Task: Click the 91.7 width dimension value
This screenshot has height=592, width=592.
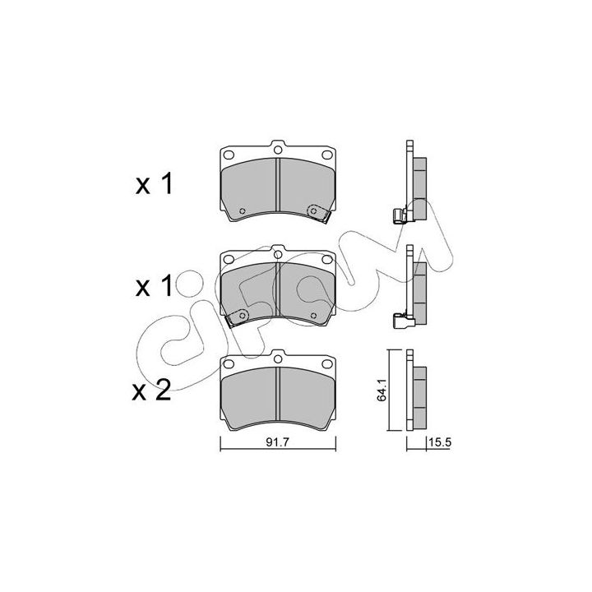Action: click(277, 442)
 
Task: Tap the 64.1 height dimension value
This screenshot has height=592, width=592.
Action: click(382, 390)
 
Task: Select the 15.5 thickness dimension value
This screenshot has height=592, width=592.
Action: click(440, 442)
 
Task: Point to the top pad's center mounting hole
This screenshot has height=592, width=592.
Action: click(278, 150)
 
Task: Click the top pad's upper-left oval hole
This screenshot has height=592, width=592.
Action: click(229, 155)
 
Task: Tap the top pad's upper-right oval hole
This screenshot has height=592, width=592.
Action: click(327, 155)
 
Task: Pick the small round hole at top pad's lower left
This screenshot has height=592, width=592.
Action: click(243, 210)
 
